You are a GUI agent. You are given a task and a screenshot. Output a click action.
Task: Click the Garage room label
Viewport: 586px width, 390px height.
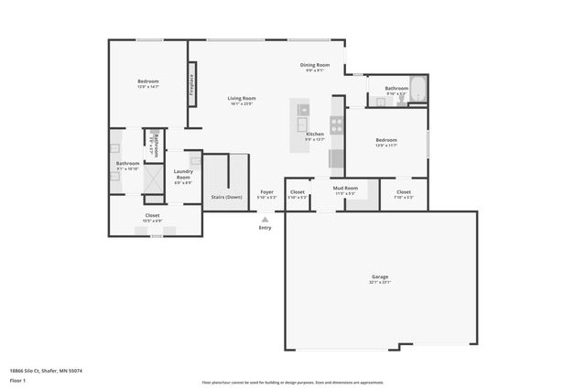379,277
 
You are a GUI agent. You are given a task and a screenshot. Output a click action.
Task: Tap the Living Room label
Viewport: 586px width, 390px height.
242,100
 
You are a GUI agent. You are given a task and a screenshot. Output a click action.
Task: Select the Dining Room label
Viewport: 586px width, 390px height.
313,67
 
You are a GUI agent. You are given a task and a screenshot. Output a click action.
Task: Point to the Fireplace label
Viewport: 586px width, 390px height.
192,85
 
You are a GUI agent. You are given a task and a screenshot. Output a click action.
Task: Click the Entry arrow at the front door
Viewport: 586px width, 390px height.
266,219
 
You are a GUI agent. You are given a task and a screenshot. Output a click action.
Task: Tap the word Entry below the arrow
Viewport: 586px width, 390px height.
266,227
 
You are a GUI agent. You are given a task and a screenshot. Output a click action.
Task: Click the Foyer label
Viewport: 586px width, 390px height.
266,193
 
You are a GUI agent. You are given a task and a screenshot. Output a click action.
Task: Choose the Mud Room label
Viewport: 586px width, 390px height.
345,190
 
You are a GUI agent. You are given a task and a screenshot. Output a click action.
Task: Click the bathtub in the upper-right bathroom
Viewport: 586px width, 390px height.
418,90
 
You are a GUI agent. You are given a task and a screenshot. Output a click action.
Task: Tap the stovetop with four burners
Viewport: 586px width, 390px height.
336,125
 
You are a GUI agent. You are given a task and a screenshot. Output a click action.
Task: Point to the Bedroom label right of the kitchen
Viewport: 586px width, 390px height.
385,142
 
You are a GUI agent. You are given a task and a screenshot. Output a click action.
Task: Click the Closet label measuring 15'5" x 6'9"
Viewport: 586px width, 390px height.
152,217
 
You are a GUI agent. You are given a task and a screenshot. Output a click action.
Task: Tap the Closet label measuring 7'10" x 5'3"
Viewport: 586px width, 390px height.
404,193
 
